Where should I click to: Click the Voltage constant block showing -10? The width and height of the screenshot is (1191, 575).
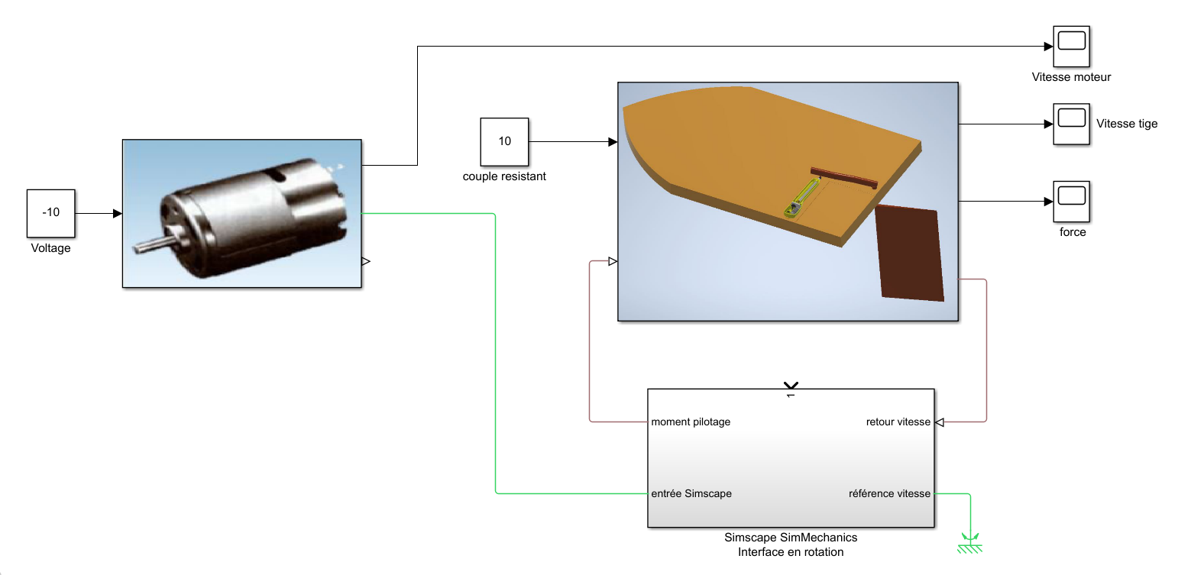50,212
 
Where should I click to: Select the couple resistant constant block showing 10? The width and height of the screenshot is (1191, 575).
504,141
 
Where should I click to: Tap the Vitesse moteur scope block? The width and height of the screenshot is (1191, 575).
1071,47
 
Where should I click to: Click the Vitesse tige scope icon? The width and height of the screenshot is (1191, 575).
1071,124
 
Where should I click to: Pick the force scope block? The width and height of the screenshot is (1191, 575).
1071,202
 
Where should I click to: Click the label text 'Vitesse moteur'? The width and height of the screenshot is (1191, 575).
1071,77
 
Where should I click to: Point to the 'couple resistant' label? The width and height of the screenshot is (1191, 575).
504,176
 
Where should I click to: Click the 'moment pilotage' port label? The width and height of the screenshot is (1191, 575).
691,422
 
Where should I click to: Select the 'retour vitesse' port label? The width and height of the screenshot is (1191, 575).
898,422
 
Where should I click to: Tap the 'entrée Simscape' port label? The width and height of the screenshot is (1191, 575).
691,493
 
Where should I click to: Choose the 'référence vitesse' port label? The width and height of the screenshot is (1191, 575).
889,493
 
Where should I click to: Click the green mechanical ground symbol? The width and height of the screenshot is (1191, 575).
970,544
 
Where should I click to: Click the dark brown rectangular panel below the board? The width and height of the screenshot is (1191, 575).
909,253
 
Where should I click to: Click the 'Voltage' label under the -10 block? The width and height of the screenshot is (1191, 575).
50,248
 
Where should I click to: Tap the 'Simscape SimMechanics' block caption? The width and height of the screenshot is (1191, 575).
791,538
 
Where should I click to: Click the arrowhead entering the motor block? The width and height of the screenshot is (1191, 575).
118,214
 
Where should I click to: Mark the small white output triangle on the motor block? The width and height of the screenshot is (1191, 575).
365,261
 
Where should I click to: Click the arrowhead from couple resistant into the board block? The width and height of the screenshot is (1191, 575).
613,142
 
